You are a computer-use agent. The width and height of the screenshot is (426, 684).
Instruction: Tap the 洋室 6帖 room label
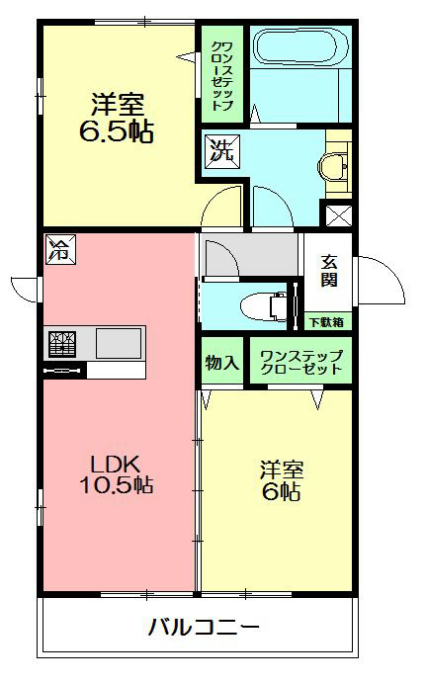click(x=281, y=479)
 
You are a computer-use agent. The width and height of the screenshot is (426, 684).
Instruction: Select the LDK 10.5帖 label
click(x=116, y=473)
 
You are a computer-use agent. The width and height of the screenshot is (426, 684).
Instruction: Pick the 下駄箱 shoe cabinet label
click(x=325, y=320)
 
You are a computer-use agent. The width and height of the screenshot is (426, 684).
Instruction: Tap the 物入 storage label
click(x=222, y=362)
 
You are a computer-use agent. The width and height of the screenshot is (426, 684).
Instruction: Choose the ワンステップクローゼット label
click(x=299, y=362)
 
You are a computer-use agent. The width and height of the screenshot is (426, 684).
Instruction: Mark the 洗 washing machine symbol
click(x=219, y=152)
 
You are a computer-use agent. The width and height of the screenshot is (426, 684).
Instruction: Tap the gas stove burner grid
click(x=60, y=344)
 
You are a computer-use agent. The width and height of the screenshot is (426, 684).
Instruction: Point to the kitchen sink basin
click(x=119, y=344)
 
